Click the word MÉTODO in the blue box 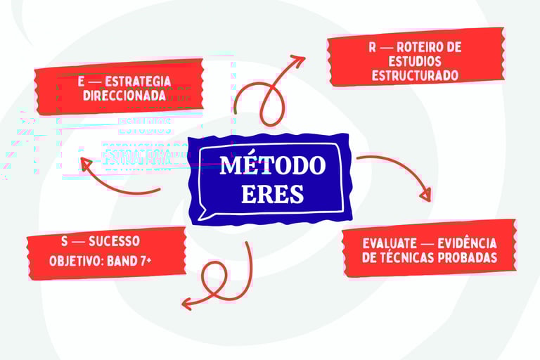[273, 166]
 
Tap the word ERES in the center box [272, 193]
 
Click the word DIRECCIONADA [124, 95]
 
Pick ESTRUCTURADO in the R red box [415, 75]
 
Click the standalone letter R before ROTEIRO [373, 47]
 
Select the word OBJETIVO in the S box [75, 261]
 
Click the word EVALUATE [389, 243]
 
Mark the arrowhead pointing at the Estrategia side [86, 165]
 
